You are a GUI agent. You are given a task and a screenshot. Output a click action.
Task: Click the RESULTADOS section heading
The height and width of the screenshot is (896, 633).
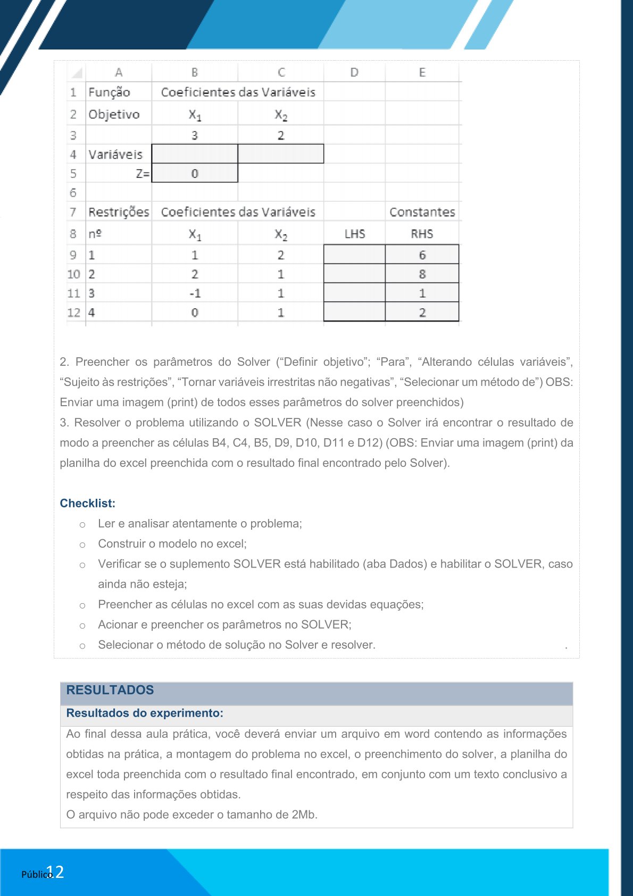tap(110, 690)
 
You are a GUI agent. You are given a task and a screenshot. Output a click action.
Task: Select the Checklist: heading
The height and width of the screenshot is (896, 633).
tap(87, 503)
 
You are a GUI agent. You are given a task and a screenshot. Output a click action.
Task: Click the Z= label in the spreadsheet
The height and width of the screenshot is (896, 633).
tap(143, 174)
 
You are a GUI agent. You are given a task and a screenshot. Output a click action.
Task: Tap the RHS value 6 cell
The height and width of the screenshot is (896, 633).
tap(422, 255)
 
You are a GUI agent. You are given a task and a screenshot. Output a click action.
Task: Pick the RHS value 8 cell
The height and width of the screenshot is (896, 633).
tap(422, 274)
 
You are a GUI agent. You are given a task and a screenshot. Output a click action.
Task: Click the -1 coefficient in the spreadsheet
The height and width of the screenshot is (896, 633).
tap(195, 293)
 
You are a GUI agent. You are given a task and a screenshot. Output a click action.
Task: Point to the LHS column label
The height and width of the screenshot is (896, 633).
tap(354, 234)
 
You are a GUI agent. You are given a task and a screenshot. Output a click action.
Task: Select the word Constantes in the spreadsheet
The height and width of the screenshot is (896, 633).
tap(422, 212)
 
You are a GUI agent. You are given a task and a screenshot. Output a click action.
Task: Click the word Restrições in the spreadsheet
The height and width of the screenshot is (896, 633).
tap(119, 212)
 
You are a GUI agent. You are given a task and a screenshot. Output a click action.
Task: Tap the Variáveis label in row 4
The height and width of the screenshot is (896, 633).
tap(115, 154)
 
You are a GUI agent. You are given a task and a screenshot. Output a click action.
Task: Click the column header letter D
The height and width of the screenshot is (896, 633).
tap(354, 72)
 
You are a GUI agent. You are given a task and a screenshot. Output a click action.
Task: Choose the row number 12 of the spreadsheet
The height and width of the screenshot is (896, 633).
tap(73, 313)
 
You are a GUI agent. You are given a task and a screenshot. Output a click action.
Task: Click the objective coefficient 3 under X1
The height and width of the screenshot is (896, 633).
tap(195, 135)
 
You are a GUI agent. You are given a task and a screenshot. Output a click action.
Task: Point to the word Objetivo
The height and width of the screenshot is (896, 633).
tap(114, 114)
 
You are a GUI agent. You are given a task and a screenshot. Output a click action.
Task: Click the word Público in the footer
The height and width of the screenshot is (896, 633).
tap(36, 874)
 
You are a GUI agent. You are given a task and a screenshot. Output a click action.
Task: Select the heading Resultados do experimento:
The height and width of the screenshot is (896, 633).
tap(145, 713)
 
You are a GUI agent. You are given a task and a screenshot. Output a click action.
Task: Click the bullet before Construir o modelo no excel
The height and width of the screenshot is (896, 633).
tap(82, 545)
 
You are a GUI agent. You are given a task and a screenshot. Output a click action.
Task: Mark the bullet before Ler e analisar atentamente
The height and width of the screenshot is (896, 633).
tap(82, 524)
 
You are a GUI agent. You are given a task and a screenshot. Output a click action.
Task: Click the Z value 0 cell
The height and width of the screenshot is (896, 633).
tap(195, 174)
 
